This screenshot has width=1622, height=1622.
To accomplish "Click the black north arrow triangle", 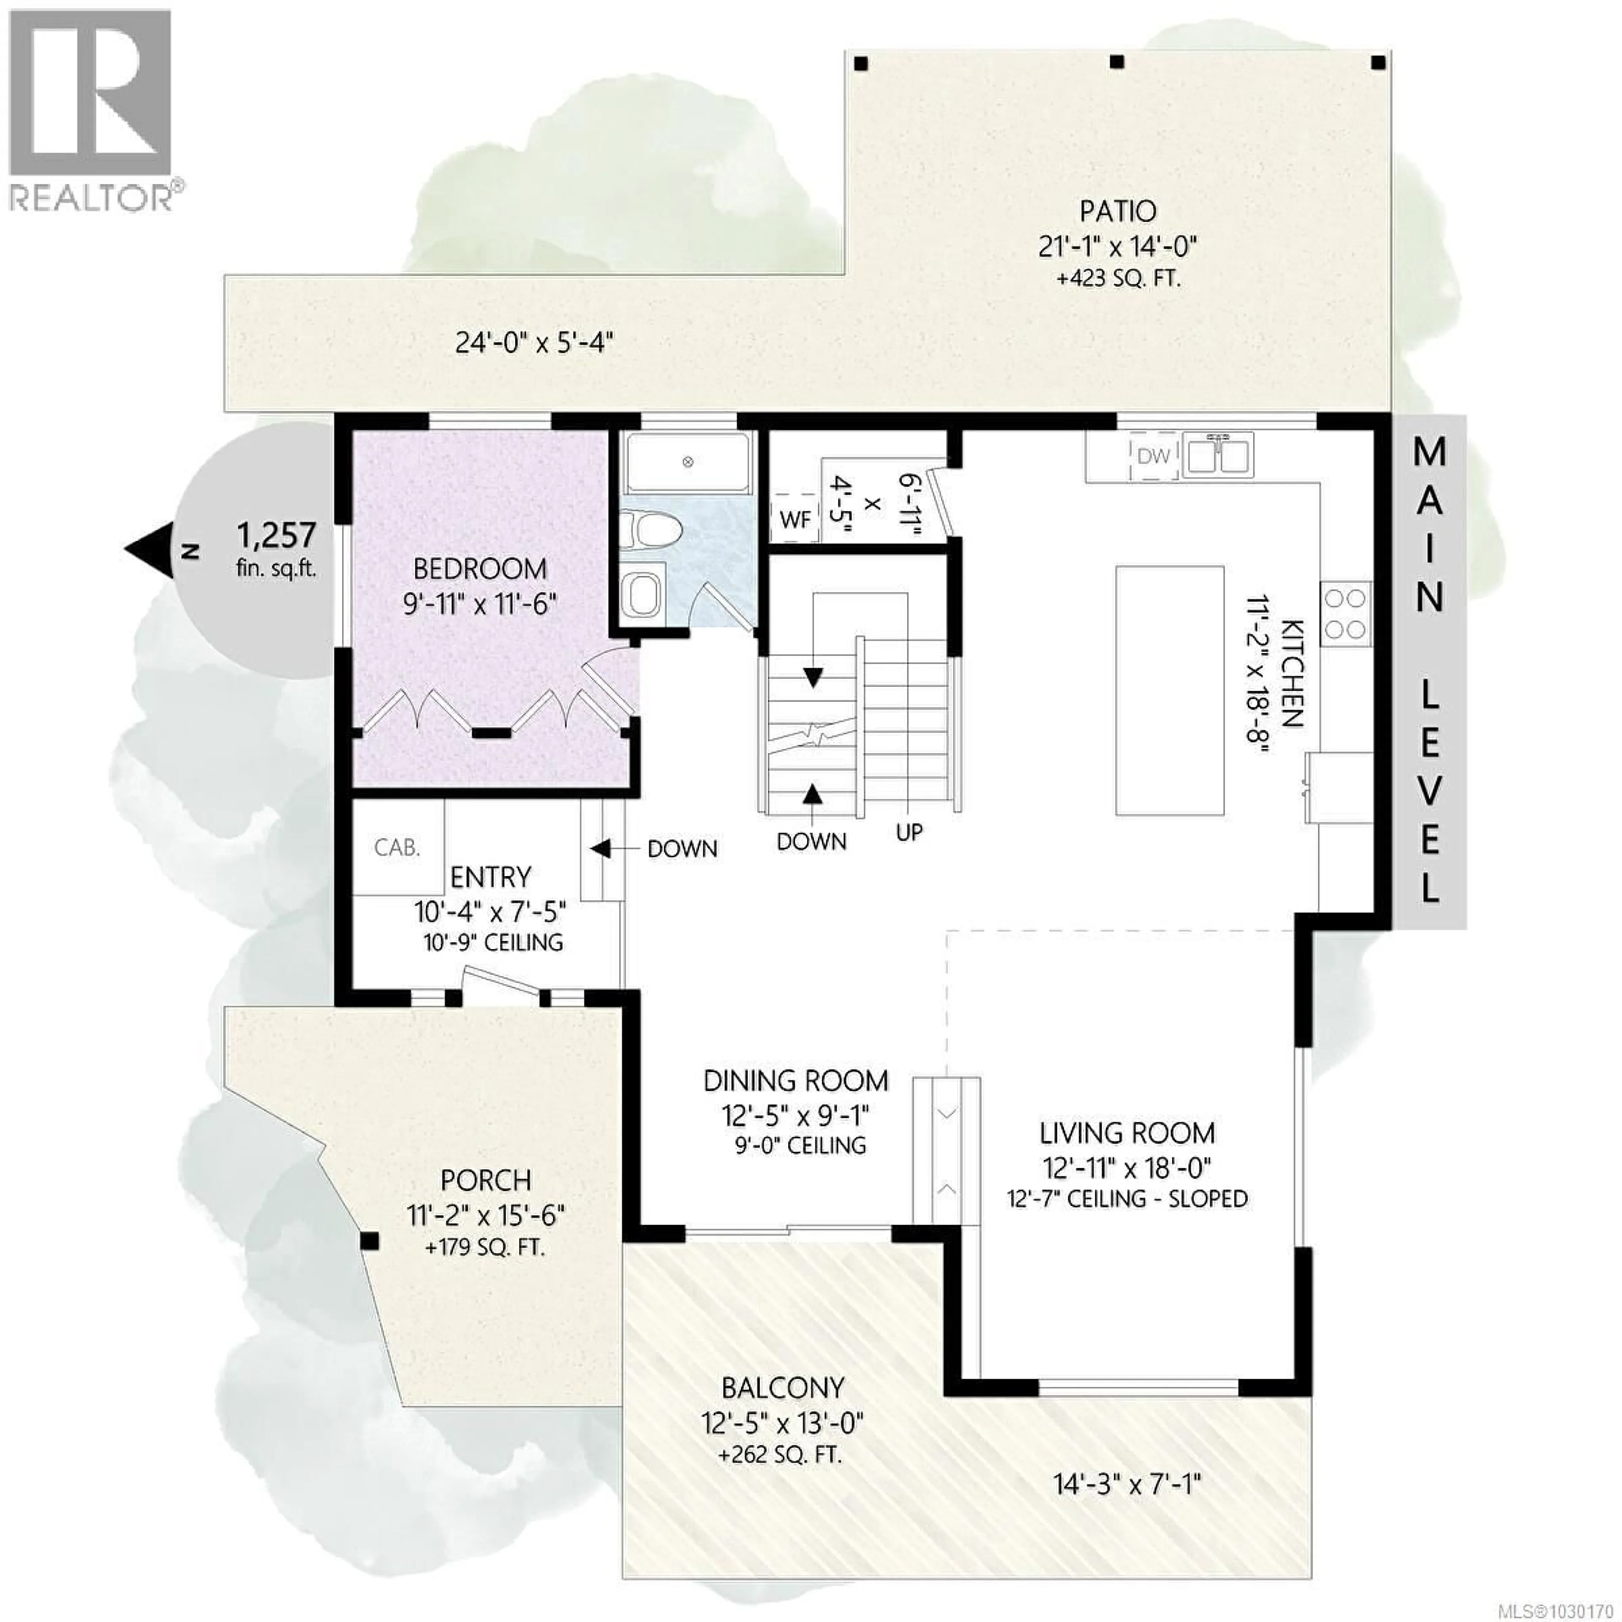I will click(x=148, y=550).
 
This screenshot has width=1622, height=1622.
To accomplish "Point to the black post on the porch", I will click(x=369, y=1241).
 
